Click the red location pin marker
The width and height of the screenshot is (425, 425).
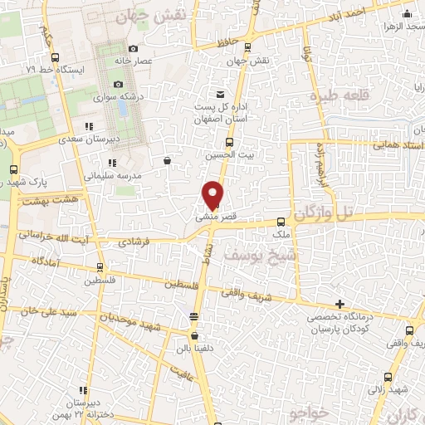coord(213,194)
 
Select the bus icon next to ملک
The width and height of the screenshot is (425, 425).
coord(281,222)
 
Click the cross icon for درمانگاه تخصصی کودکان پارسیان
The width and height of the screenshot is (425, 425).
coord(338,304)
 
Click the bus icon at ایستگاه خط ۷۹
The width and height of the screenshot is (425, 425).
coord(54,57)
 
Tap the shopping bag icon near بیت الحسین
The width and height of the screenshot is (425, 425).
coord(168,161)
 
